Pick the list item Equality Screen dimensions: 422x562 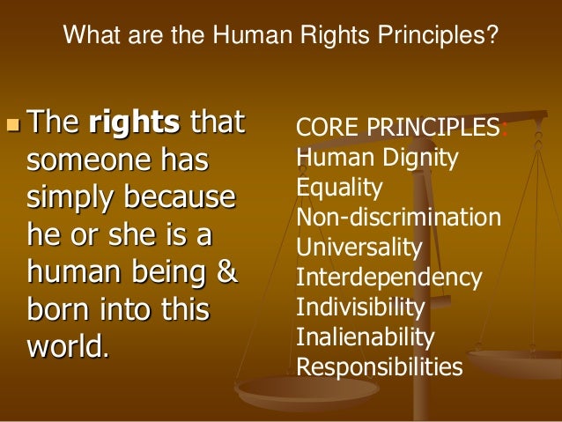(x=340, y=188)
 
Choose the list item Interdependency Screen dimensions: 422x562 (x=388, y=278)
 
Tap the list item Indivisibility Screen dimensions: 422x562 (x=361, y=307)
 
